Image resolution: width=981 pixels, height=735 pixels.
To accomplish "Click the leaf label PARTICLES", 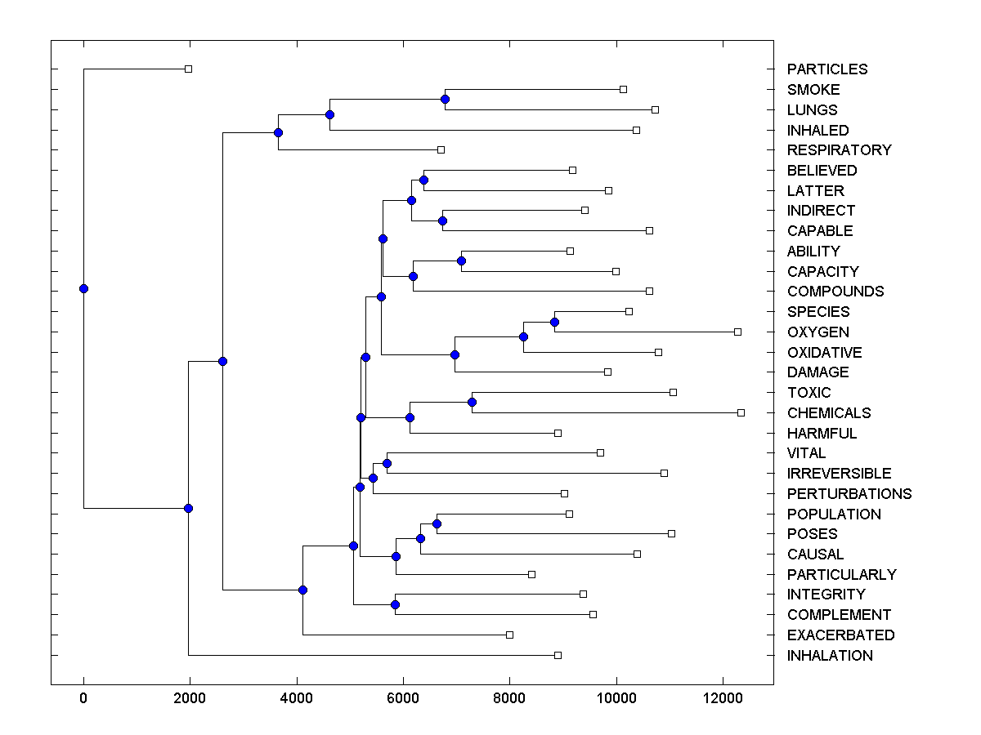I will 826,69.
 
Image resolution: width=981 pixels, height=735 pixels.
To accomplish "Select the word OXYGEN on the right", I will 817,332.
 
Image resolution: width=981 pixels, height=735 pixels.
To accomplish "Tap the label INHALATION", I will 829,656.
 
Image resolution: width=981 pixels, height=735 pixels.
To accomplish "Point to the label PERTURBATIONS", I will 849,494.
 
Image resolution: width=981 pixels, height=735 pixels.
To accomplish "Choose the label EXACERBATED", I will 840,635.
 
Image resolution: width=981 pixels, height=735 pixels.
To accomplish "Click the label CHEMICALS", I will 828,413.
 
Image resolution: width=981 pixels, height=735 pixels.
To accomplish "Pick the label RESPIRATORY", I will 839,150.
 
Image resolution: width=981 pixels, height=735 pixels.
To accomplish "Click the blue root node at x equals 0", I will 83,288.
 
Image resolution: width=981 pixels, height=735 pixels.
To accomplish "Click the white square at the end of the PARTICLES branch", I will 188,69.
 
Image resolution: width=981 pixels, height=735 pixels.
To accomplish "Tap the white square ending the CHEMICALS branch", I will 741,412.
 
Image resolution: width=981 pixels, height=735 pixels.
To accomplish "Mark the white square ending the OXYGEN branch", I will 737,332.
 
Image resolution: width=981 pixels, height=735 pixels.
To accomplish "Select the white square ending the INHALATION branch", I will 558,655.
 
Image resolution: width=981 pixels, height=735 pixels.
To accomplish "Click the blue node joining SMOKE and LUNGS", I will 445,100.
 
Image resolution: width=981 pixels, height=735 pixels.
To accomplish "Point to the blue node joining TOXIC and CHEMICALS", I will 472,402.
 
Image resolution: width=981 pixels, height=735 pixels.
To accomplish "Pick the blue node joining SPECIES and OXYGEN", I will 554,322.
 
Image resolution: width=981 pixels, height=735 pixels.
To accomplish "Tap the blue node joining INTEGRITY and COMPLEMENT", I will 395,604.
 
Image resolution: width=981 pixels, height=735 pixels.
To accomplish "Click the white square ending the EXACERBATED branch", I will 509,635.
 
